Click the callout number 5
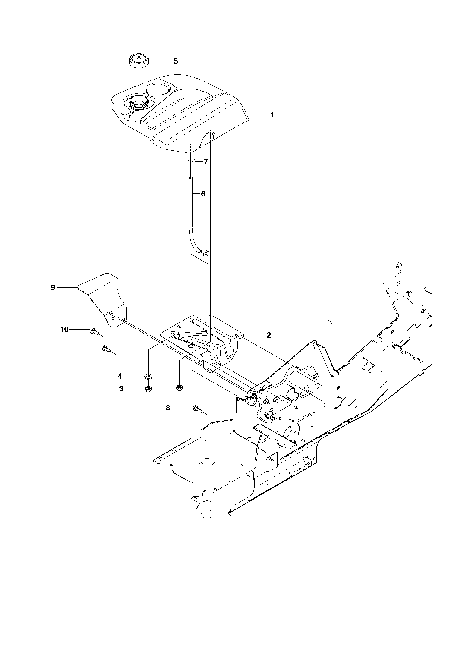(x=176, y=61)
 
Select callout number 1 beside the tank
(x=272, y=115)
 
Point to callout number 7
(x=206, y=162)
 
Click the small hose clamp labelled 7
(x=192, y=161)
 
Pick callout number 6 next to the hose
(x=203, y=194)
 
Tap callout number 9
(x=53, y=288)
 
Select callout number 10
(x=64, y=330)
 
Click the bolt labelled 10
(x=94, y=332)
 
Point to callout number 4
(x=120, y=376)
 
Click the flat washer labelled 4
(x=148, y=376)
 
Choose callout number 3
(x=121, y=389)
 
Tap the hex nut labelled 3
(x=148, y=389)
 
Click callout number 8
(x=168, y=408)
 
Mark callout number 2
(x=269, y=335)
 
